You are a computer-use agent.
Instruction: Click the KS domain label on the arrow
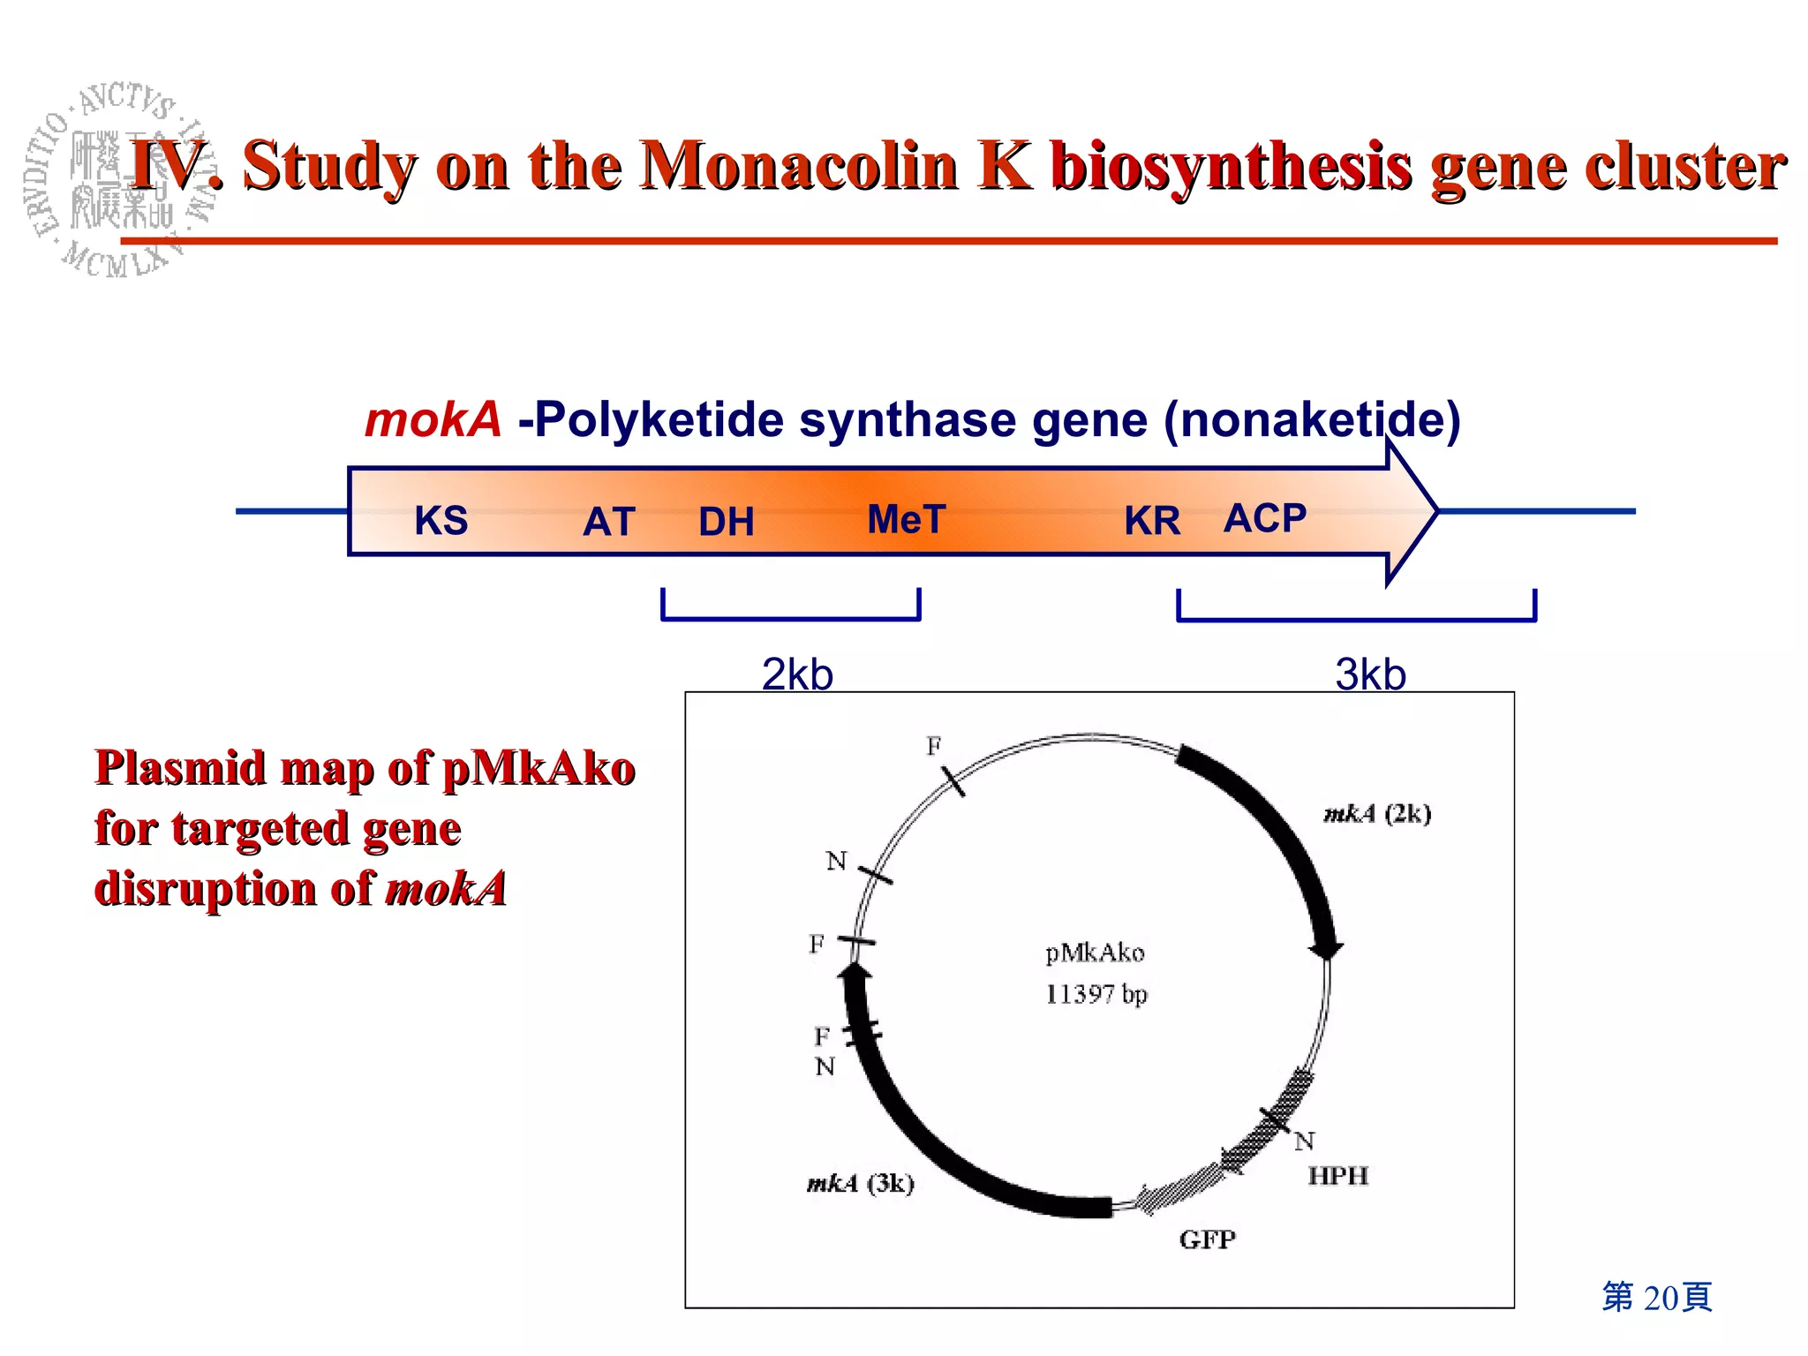pos(441,520)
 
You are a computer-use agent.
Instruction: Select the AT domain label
pos(609,522)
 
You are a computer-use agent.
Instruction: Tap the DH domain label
pos(727,522)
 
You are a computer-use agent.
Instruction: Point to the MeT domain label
pos(907,519)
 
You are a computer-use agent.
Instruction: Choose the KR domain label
pos(1152,521)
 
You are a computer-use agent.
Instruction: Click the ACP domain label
pos(1265,518)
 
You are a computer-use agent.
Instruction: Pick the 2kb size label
pos(797,674)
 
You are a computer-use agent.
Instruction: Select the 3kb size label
pos(1370,674)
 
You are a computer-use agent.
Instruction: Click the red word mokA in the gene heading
pos(433,419)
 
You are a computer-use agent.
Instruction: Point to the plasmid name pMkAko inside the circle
pos(1095,953)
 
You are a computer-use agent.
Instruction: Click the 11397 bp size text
pos(1096,994)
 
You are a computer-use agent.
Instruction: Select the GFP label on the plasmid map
pos(1207,1239)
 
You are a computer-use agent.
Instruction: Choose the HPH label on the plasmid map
pos(1338,1176)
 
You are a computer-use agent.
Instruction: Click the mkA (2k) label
pos(1377,813)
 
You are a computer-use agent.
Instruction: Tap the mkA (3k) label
pos(861,1183)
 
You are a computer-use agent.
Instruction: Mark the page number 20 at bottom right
pos(1659,1297)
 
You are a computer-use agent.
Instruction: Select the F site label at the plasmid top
pos(934,746)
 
